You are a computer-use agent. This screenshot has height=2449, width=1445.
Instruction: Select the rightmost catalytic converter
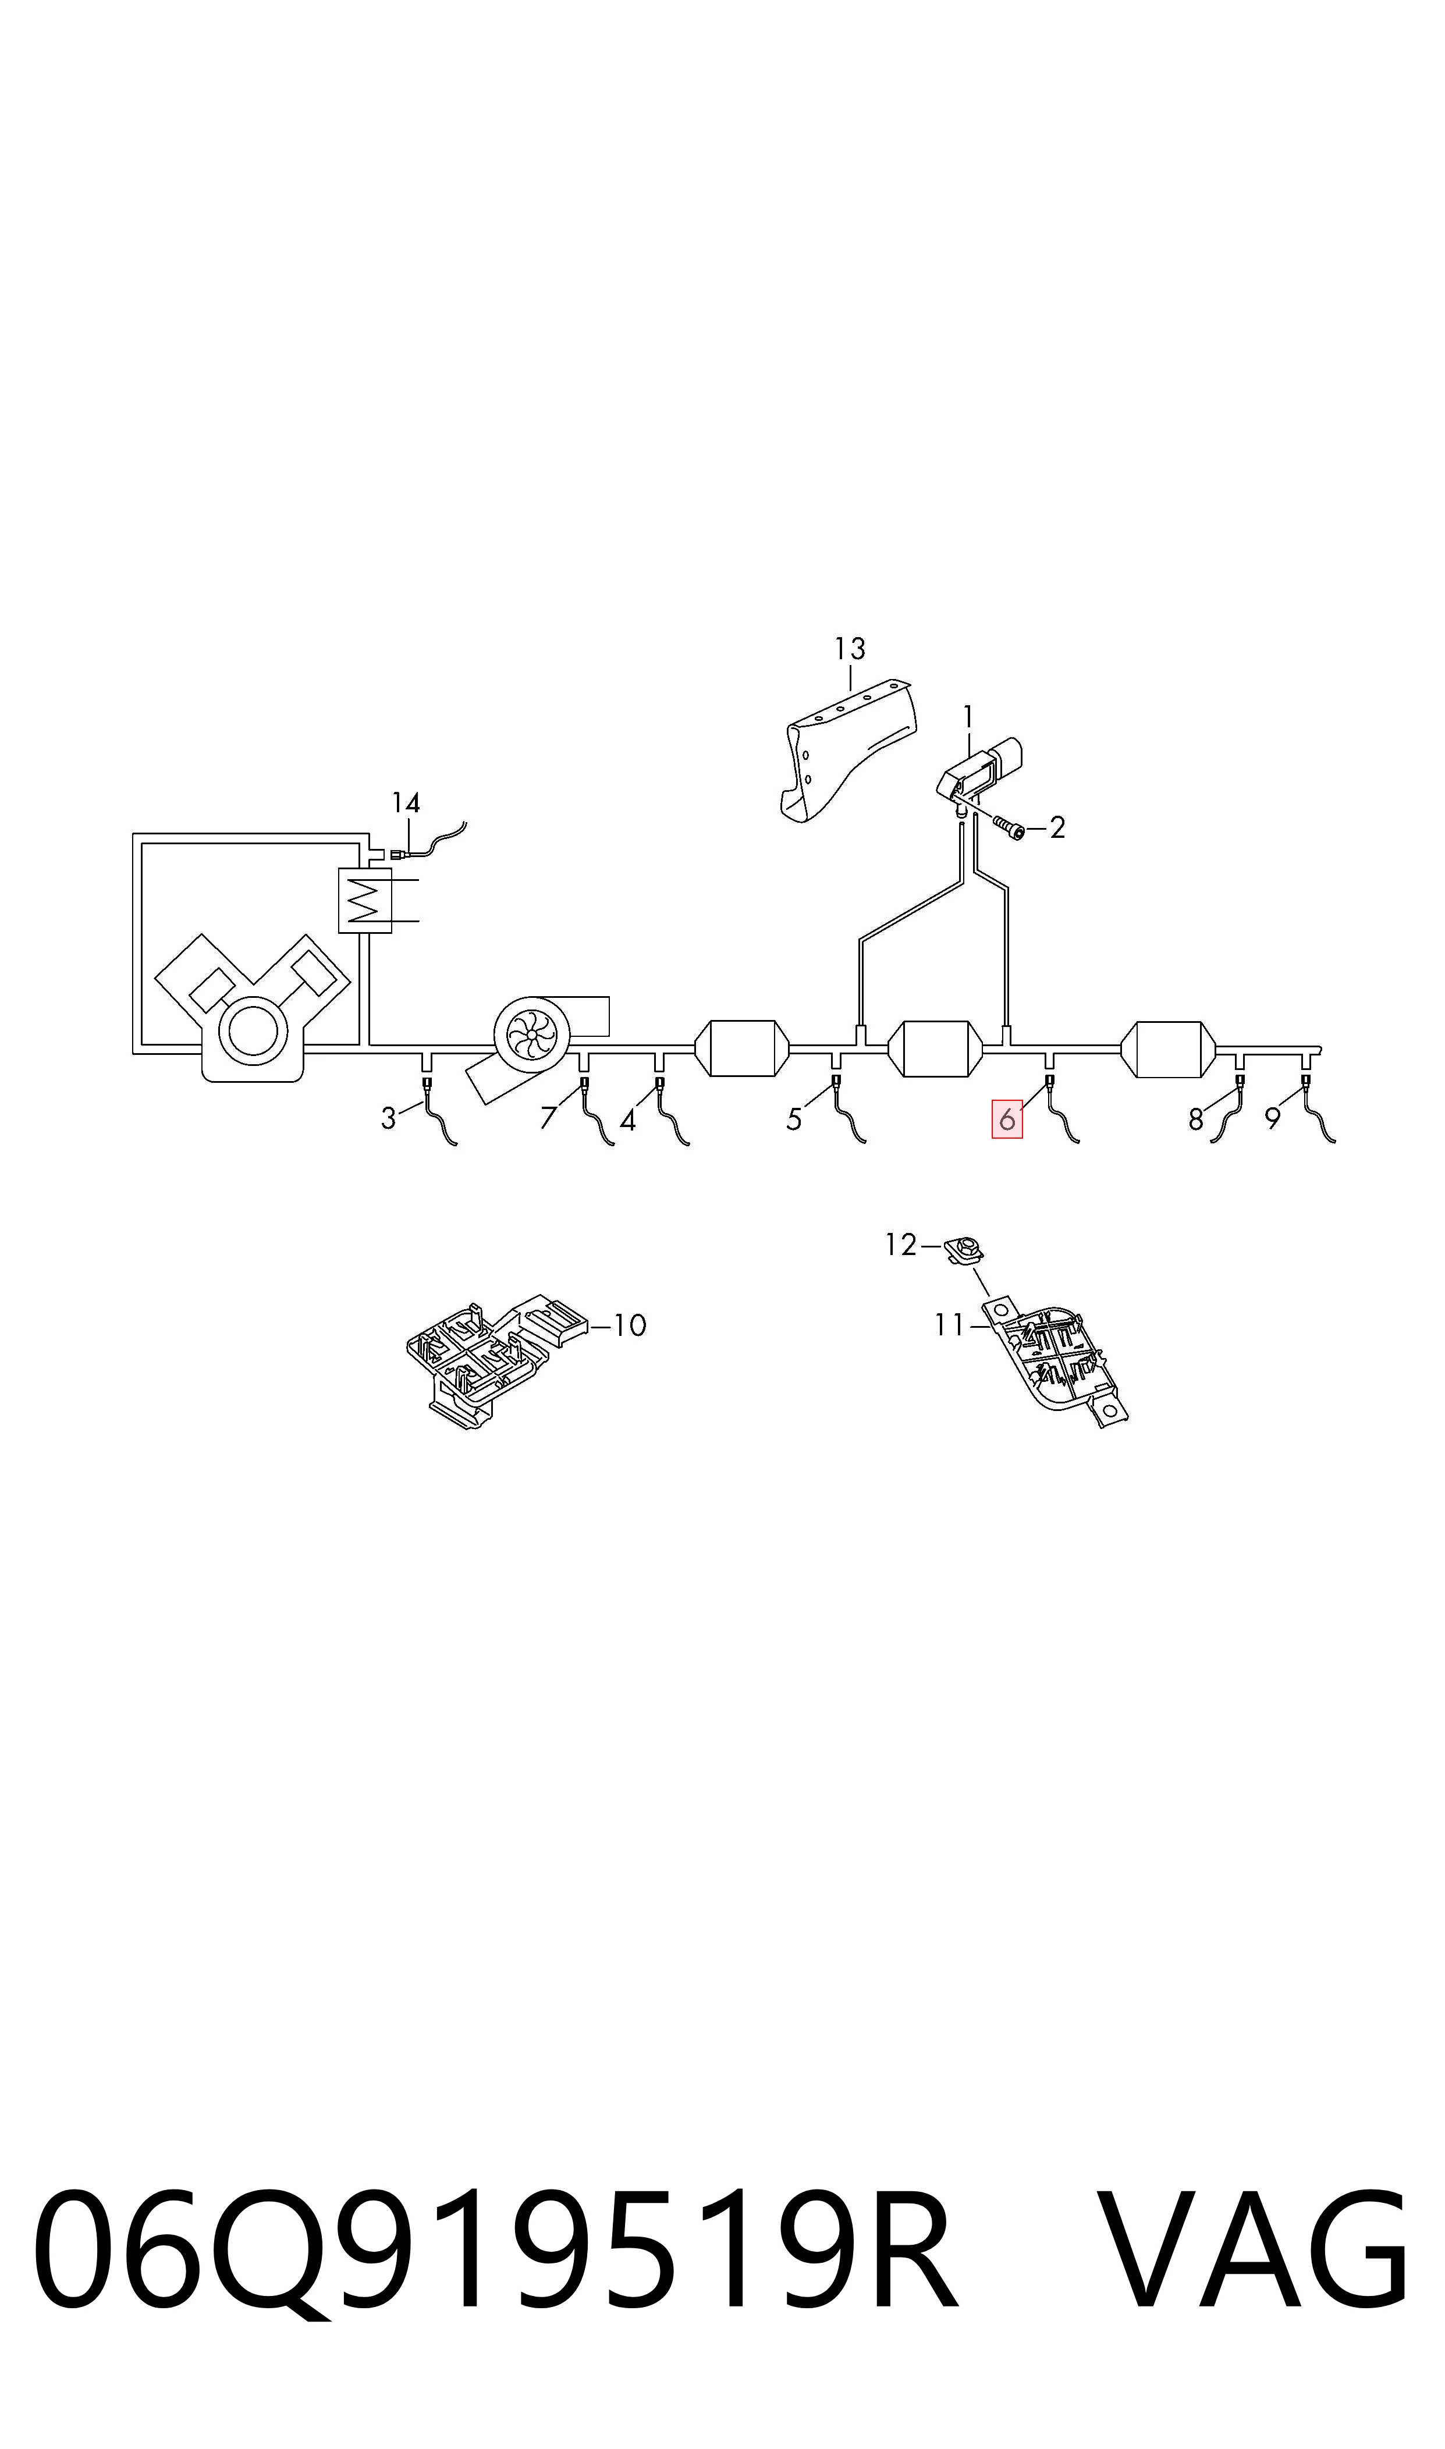(1169, 1049)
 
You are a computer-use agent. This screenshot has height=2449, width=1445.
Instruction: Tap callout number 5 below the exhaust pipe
(794, 1121)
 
